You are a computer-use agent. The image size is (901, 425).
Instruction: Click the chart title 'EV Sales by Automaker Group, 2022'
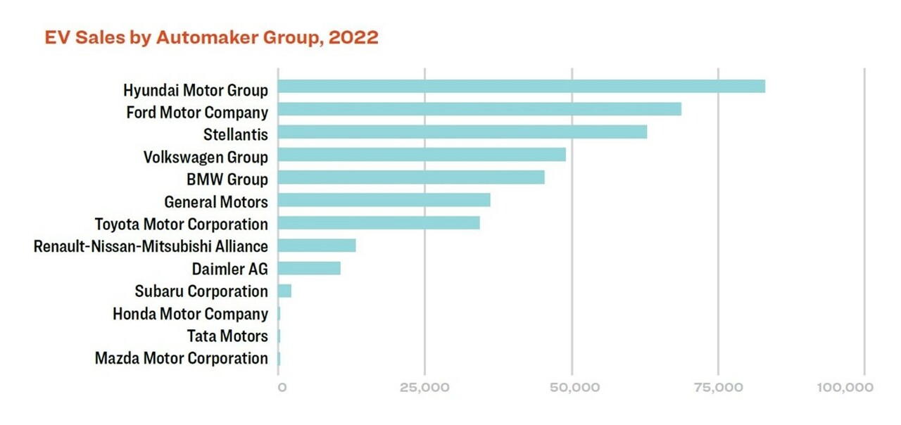click(211, 37)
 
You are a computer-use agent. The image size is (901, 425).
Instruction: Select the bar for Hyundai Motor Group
click(522, 87)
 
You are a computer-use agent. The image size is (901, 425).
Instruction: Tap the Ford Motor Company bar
click(479, 109)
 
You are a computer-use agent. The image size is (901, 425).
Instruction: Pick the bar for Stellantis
click(462, 132)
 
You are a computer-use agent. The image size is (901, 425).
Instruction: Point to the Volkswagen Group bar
click(422, 155)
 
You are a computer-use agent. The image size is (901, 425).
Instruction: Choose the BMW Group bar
click(411, 177)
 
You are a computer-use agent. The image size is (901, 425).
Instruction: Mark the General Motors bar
click(384, 201)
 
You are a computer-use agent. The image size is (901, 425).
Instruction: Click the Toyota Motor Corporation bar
click(379, 223)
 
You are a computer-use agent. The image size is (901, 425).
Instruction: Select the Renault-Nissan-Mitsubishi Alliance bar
click(317, 246)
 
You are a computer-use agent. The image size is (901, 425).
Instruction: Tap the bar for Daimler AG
click(309, 268)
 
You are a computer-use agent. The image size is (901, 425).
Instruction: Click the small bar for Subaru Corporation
click(284, 291)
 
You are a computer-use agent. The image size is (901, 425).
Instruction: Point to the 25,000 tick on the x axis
click(425, 388)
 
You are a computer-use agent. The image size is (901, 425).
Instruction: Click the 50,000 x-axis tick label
click(572, 388)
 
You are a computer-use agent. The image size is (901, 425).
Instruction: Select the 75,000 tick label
click(719, 388)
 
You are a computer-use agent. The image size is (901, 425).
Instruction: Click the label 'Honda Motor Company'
click(190, 314)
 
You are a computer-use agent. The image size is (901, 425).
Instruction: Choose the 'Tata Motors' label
click(227, 336)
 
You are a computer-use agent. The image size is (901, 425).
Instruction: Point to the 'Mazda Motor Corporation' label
click(182, 359)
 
